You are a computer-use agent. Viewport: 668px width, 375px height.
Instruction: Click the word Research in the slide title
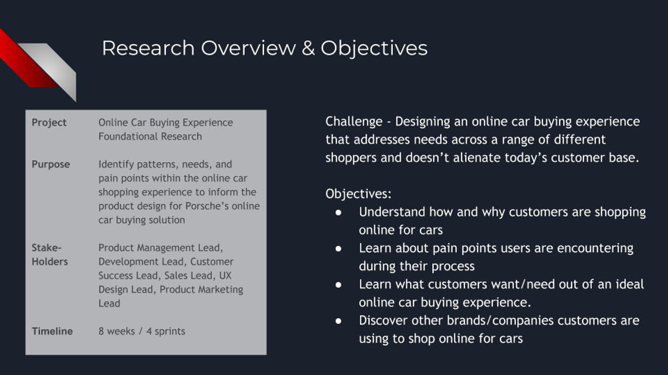[148, 47]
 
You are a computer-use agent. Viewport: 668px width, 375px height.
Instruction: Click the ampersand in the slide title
[308, 47]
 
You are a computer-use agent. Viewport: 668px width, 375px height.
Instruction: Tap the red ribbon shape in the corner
[23, 60]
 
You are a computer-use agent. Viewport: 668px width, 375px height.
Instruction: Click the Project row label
[49, 122]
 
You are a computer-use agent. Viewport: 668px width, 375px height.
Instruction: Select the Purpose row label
[50, 164]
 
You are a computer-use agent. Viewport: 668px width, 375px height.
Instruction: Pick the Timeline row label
[52, 331]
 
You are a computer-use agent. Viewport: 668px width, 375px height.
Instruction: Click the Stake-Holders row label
[49, 254]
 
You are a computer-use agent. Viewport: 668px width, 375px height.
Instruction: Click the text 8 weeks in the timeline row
[117, 331]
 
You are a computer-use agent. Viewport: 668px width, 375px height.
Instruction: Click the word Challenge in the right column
[354, 122]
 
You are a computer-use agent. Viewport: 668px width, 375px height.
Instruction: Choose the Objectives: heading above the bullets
[358, 194]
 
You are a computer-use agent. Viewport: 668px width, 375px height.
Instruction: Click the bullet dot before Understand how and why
[338, 212]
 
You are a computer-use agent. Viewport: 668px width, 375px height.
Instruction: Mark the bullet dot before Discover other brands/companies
[338, 321]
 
